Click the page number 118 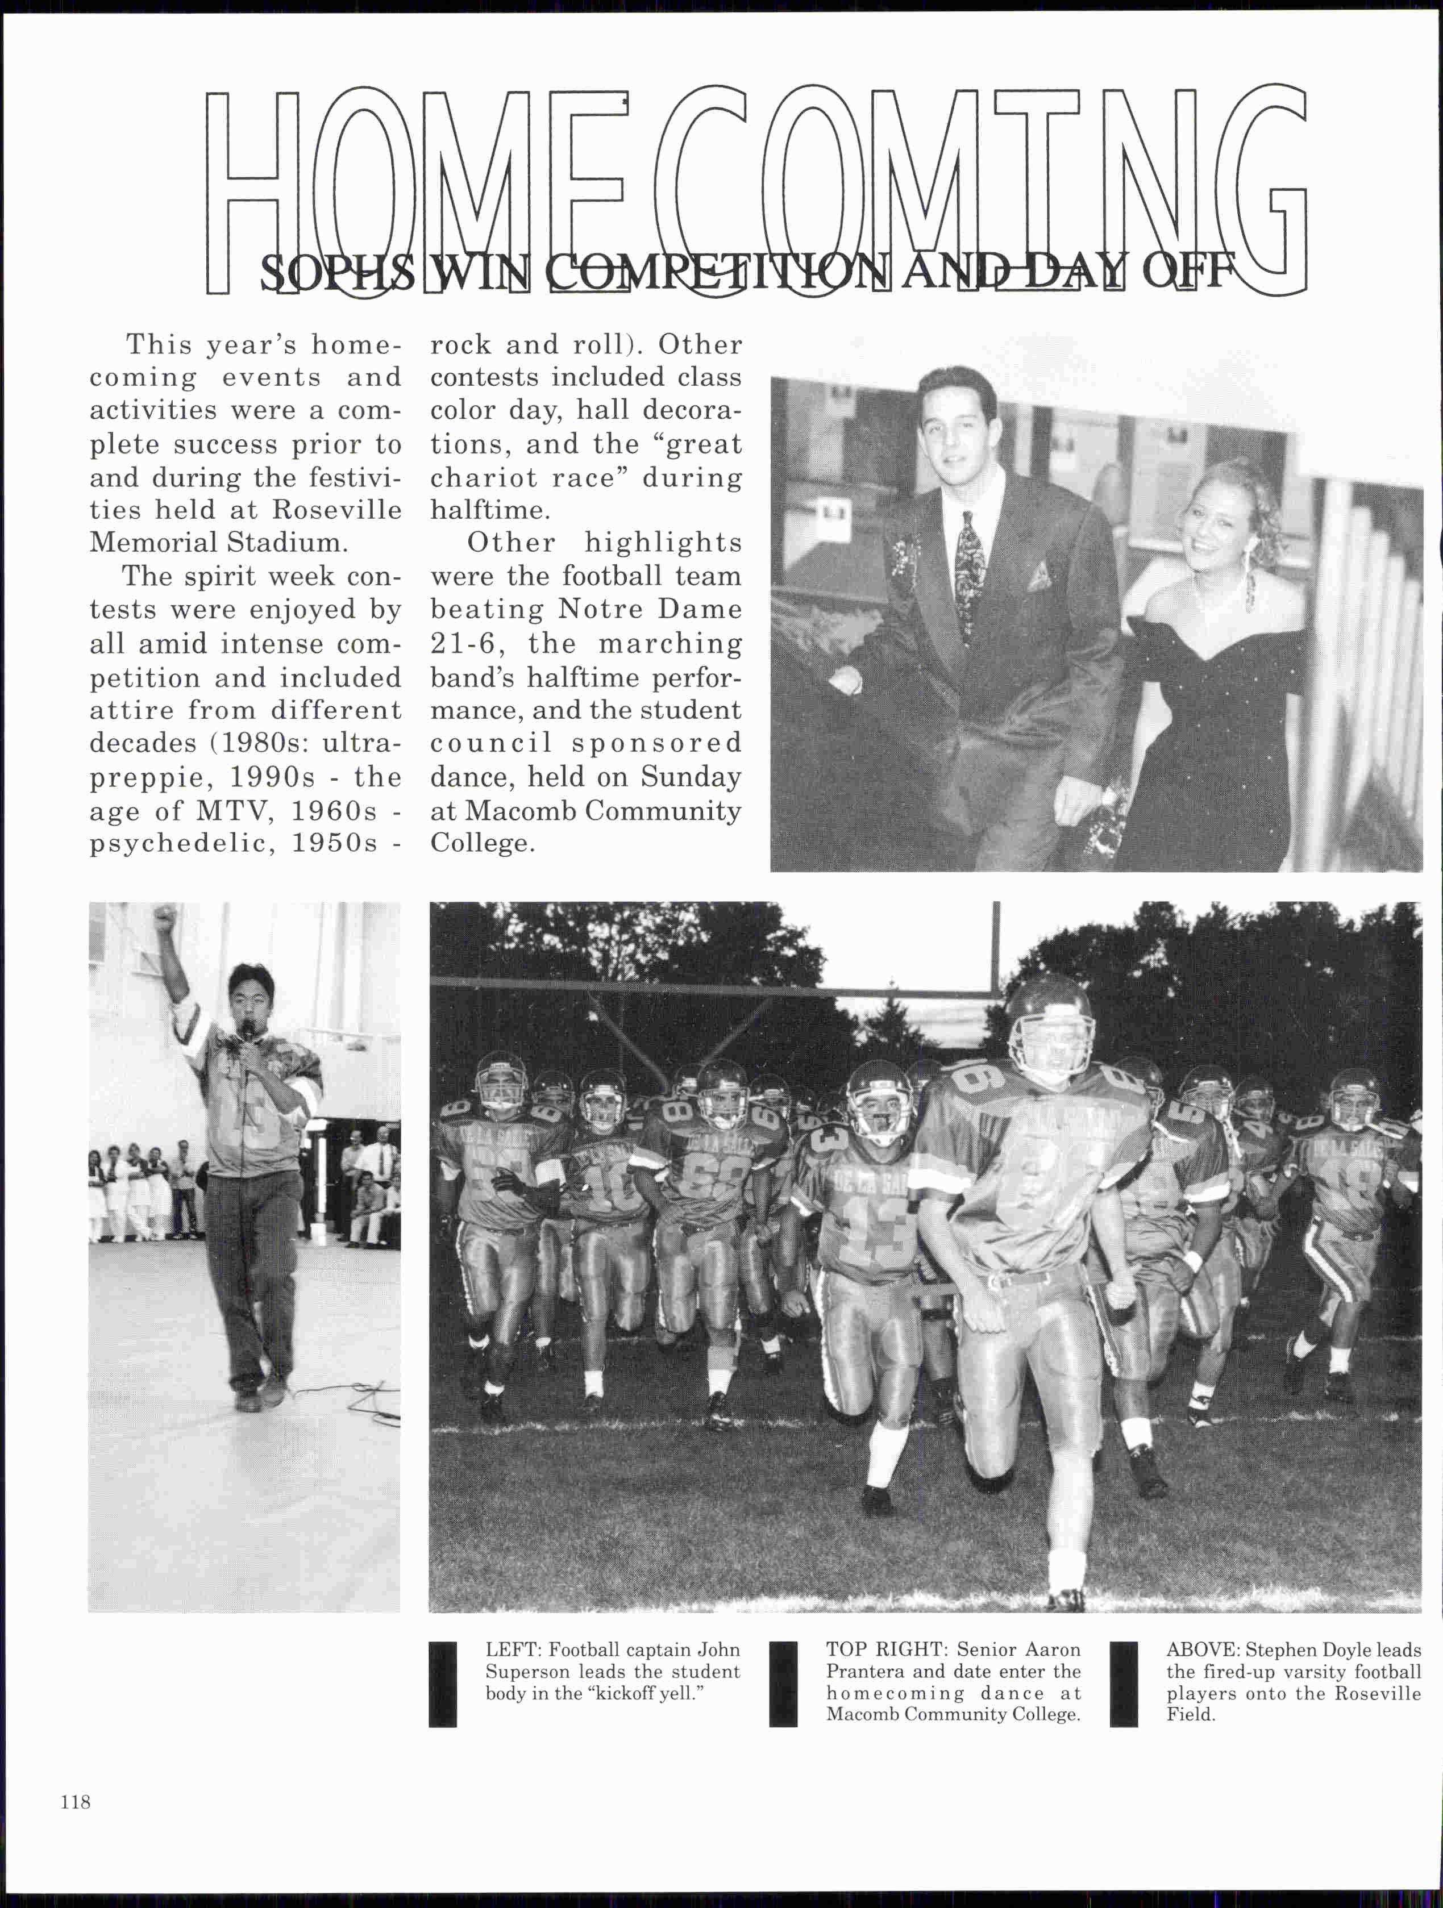76,1802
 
